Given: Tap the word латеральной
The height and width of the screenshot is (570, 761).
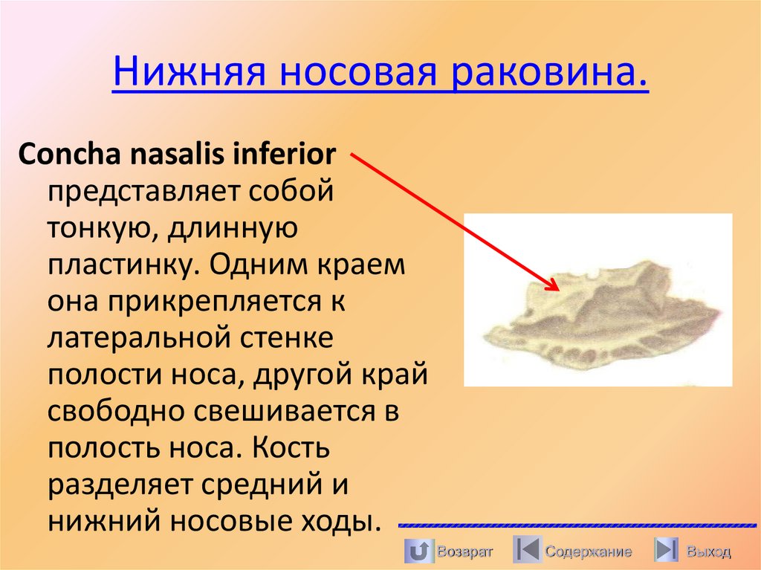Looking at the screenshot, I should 140,338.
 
